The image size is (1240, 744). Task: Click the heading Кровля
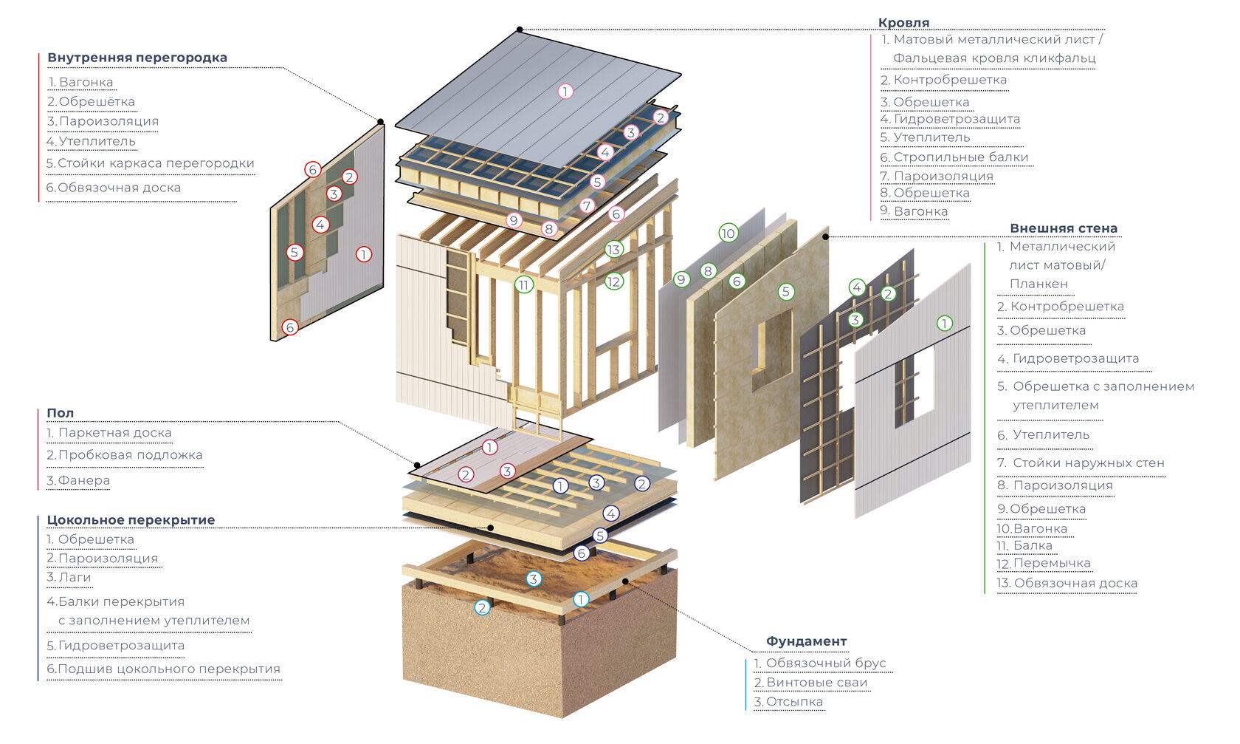tap(903, 23)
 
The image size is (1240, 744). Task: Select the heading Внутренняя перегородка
tap(137, 58)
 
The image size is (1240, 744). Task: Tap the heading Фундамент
tap(806, 641)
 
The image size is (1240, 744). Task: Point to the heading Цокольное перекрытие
tap(131, 520)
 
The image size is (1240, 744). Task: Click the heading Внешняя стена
tap(1064, 228)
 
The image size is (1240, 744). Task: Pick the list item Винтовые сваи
tap(810, 683)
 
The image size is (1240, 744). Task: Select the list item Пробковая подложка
tap(124, 455)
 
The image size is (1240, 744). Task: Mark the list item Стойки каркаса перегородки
tap(150, 163)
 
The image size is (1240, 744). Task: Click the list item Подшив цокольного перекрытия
tap(163, 669)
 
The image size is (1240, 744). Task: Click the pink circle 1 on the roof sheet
tap(565, 92)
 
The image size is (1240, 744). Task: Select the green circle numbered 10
tap(728, 233)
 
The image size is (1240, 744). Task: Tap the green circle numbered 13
tap(614, 250)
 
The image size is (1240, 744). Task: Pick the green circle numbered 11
tap(524, 284)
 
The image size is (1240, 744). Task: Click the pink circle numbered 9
tap(514, 220)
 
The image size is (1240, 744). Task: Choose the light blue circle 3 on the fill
tap(534, 579)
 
